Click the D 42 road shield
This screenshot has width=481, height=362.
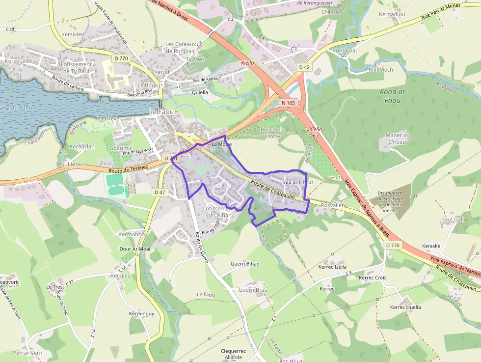click(x=304, y=67)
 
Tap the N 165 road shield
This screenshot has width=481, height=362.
click(x=288, y=103)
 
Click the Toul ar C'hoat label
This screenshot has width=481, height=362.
click(x=297, y=183)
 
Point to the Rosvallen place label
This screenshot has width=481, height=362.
click(x=333, y=205)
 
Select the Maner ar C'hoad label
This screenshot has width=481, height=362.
click(x=397, y=139)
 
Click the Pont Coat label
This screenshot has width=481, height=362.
click(x=345, y=51)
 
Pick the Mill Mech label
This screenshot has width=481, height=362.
click(x=381, y=70)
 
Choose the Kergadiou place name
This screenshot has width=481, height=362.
click(x=392, y=15)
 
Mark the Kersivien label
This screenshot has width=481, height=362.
click(x=74, y=35)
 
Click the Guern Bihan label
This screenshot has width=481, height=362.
click(x=245, y=264)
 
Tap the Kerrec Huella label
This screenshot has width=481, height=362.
click(x=405, y=307)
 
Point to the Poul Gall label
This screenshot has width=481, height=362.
click(x=452, y=220)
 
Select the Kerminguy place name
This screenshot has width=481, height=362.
click(x=141, y=313)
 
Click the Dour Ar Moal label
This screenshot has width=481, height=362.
click(x=135, y=249)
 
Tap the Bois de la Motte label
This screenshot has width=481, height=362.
click(x=272, y=133)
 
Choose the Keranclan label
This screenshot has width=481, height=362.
click(x=82, y=147)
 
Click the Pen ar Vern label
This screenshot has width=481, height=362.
click(x=27, y=353)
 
